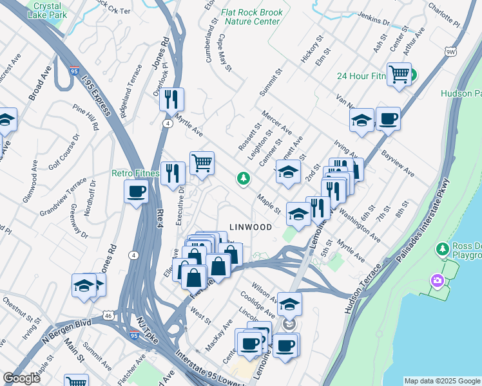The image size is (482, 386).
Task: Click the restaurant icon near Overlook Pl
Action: [171, 98]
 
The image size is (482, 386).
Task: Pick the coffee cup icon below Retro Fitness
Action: [136, 191]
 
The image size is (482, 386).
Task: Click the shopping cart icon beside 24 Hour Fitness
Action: [399, 74]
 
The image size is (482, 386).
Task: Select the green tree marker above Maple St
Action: [243, 178]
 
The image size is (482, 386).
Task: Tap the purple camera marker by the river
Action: [438, 280]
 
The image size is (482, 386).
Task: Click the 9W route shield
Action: [450, 51]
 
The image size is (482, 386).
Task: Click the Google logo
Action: [21, 378]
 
